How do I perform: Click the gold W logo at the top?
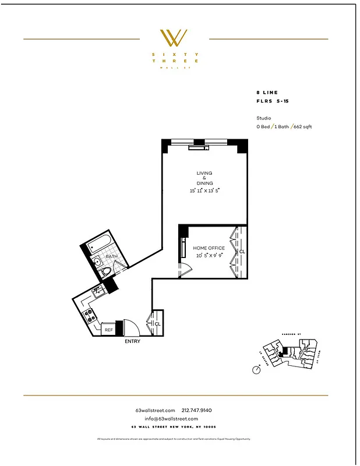[x=174, y=38]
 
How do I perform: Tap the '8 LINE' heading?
[x=267, y=93]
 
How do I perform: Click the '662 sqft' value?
[x=302, y=126]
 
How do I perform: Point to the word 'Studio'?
[x=264, y=118]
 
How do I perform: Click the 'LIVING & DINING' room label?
[x=204, y=178]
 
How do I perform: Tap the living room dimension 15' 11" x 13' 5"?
[x=204, y=190]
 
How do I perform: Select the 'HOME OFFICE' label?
[x=209, y=248]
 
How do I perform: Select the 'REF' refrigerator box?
[x=108, y=330]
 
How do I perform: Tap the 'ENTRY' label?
[x=132, y=341]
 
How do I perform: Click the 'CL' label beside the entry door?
[x=157, y=323]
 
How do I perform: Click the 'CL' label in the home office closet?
[x=242, y=252]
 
